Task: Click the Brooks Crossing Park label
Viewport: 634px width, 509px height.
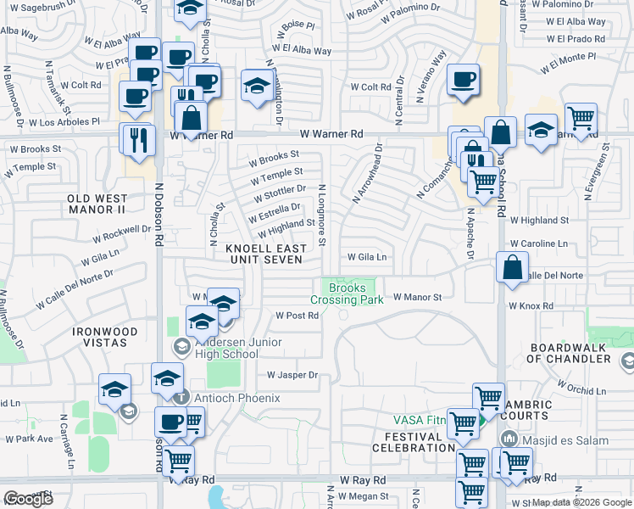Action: click(348, 294)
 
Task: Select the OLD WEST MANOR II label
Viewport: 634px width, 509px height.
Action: click(97, 204)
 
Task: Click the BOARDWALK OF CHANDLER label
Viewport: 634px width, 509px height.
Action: click(570, 353)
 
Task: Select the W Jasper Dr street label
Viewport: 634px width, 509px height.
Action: click(292, 374)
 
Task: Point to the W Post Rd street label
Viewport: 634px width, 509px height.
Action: click(297, 315)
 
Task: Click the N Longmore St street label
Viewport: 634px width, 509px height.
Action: click(322, 215)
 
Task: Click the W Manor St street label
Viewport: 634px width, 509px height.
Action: click(418, 298)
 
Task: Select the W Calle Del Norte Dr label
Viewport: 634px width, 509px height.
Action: click(74, 289)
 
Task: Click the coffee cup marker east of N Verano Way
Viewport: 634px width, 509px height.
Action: click(463, 81)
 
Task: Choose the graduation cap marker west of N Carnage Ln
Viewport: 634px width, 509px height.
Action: click(114, 389)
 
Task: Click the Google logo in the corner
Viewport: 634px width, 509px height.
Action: click(28, 499)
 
